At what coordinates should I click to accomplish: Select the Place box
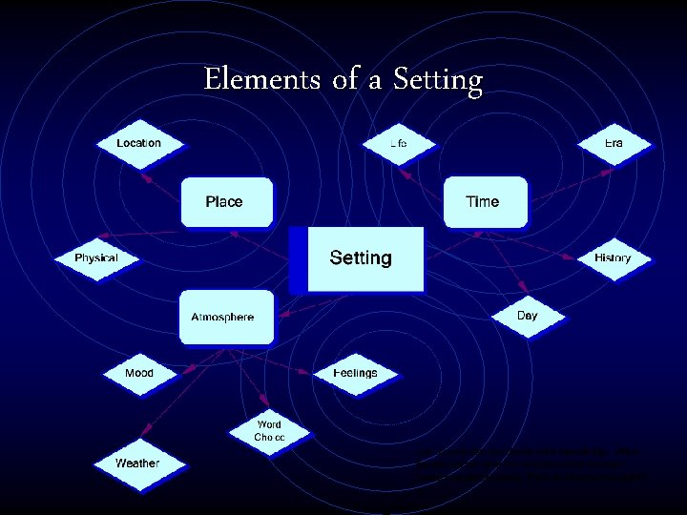[225, 202]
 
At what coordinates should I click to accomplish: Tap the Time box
[484, 202]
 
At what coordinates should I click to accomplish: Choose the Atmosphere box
[224, 317]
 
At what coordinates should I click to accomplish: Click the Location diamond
[139, 144]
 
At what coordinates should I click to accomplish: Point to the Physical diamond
[96, 258]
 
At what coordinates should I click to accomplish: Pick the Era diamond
[614, 144]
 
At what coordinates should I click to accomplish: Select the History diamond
[613, 258]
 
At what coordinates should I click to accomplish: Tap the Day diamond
[527, 316]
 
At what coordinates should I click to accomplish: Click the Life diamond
[399, 144]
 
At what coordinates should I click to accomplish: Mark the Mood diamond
[139, 373]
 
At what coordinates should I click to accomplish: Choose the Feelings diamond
[355, 373]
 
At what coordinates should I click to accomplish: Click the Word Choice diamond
[269, 431]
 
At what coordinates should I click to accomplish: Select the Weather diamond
[137, 463]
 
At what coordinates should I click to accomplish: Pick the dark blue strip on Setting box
[299, 259]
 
